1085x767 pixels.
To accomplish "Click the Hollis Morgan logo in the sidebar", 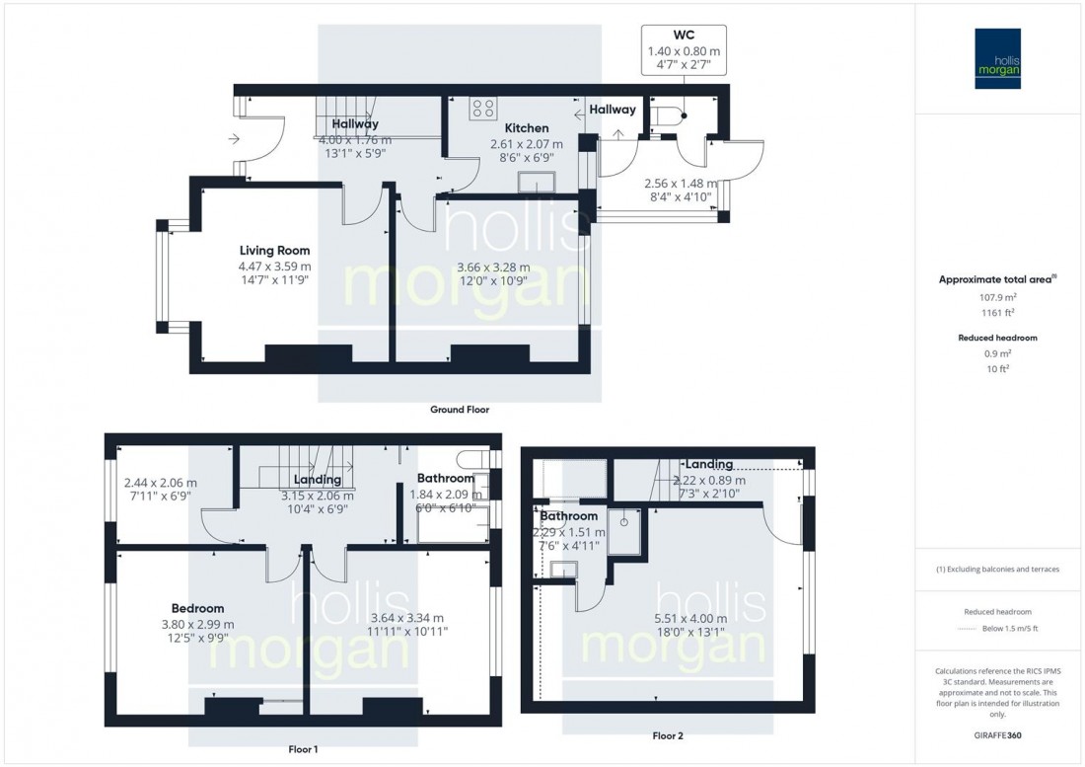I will (1000, 59).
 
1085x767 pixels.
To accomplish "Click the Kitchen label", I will (527, 128).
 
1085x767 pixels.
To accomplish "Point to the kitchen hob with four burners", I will (483, 108).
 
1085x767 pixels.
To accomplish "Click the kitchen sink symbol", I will (538, 182).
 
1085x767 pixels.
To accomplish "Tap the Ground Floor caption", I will (459, 409).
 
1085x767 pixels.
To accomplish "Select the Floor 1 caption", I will (301, 750).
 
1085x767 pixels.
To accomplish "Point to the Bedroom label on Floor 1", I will (196, 608).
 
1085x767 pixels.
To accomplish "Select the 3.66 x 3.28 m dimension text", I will (493, 267).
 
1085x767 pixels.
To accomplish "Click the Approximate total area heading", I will (998, 279).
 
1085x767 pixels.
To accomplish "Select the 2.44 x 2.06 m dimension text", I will (161, 483).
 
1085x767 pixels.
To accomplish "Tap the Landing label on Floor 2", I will (709, 464).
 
